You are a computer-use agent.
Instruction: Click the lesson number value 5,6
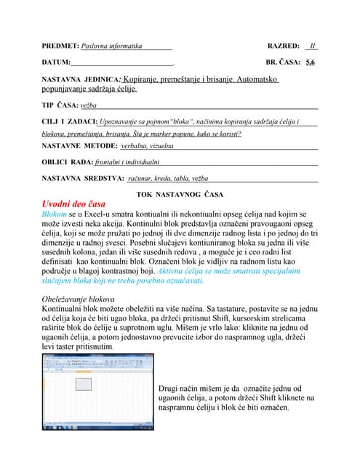(x=311, y=62)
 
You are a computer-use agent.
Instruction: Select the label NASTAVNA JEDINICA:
(x=80, y=78)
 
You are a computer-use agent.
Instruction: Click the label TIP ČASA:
(x=60, y=105)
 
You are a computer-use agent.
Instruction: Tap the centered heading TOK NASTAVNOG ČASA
(x=180, y=194)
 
